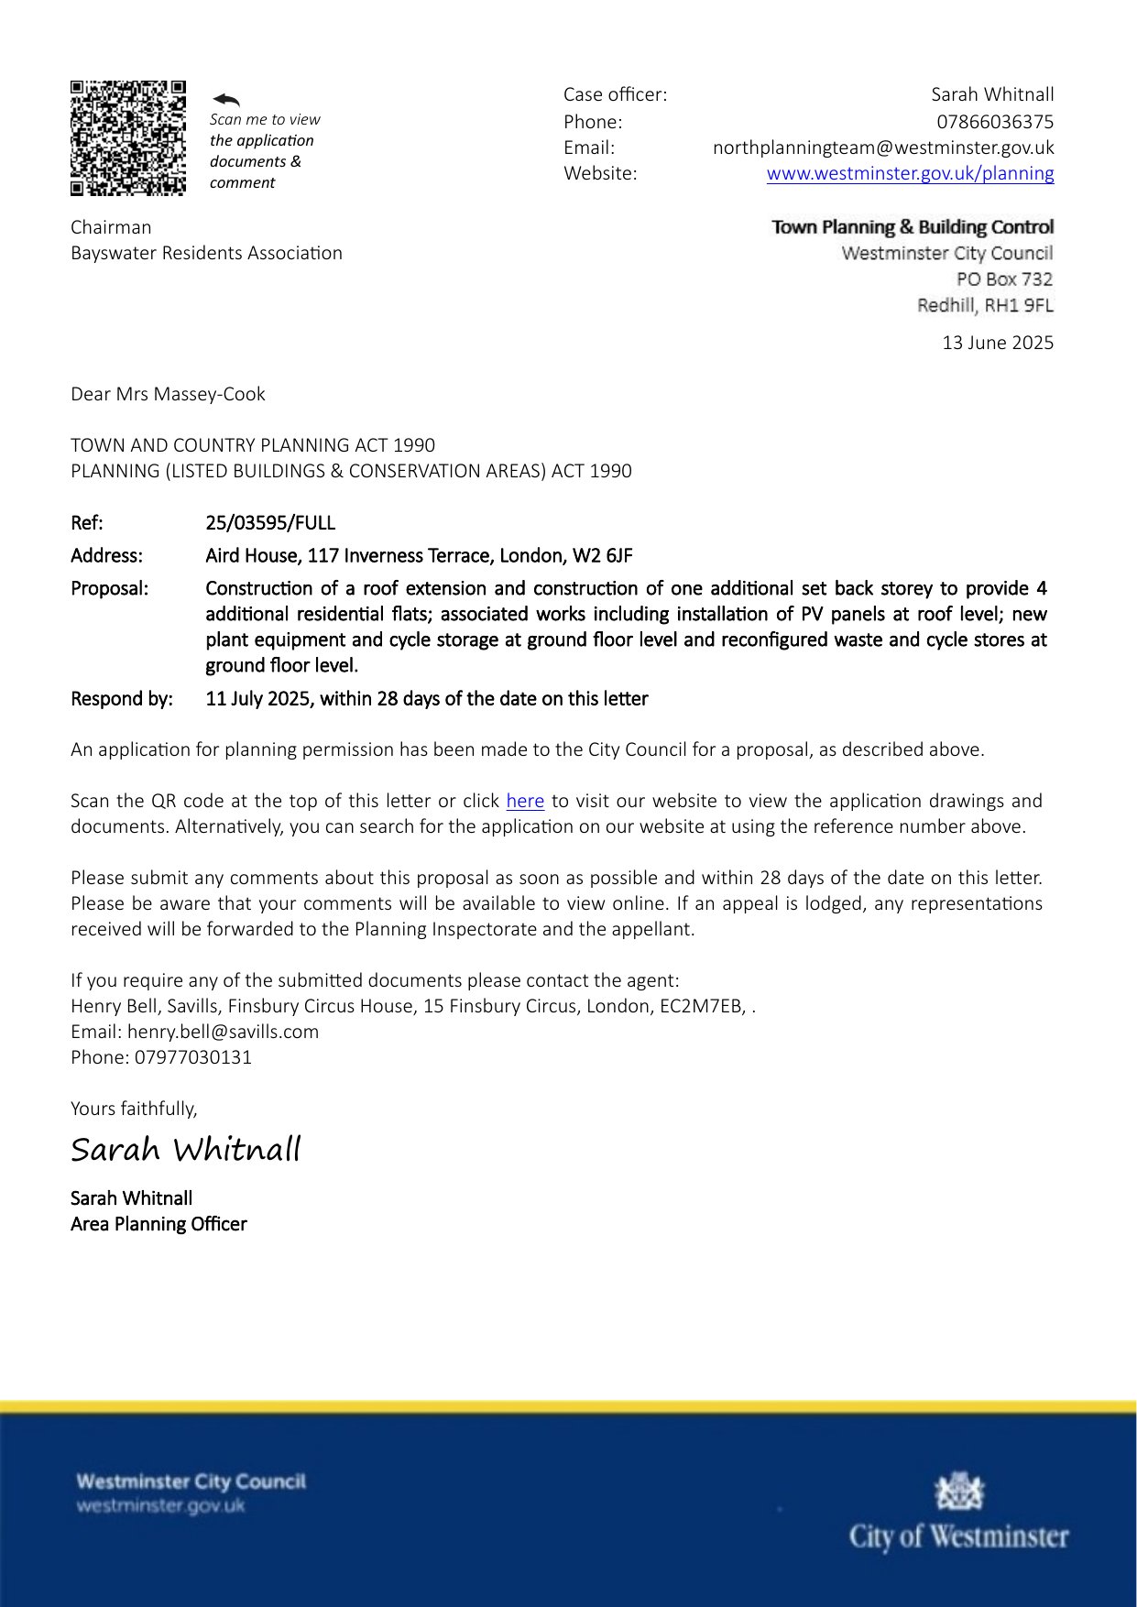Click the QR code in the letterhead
click(128, 138)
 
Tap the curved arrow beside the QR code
click(225, 99)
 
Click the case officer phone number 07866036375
click(994, 122)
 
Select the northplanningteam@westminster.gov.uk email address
click(883, 148)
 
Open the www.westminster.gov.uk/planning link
click(910, 173)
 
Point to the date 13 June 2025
click(998, 343)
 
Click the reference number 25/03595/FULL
click(270, 523)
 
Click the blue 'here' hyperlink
click(525, 801)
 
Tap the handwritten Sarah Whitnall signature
click(186, 1149)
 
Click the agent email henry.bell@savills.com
click(223, 1032)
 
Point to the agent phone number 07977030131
click(193, 1057)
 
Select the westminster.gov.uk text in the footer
click(161, 1506)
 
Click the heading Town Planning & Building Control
click(913, 227)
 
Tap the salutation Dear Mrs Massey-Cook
click(168, 394)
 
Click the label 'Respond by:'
click(122, 699)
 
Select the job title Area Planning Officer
click(159, 1224)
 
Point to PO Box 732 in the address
click(1004, 279)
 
